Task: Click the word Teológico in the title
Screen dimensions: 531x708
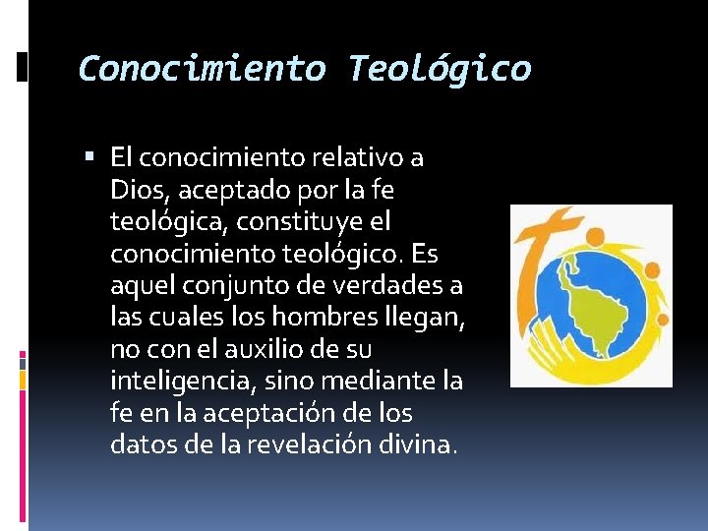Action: click(439, 69)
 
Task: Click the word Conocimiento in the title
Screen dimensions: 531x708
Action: click(202, 69)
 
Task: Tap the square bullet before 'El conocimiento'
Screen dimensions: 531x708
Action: click(90, 156)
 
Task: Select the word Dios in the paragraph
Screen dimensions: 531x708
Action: click(138, 188)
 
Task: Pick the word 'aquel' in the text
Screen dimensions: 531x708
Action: click(141, 284)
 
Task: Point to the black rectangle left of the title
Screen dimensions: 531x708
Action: click(22, 67)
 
